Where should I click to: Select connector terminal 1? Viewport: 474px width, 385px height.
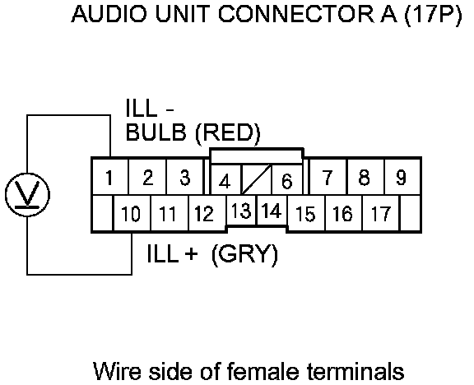pyautogui.click(x=110, y=177)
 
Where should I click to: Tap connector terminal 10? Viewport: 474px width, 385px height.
pyautogui.click(x=132, y=213)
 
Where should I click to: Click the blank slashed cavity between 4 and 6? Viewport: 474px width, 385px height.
pyautogui.click(x=257, y=179)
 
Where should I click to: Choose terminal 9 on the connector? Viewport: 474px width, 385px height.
pyautogui.click(x=402, y=177)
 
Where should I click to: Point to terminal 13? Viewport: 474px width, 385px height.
pyautogui.click(x=241, y=211)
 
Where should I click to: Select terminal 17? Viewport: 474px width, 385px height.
pyautogui.click(x=380, y=213)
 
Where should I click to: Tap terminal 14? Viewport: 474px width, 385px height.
pyautogui.click(x=272, y=211)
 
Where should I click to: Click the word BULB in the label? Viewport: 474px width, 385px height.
pyautogui.click(x=156, y=132)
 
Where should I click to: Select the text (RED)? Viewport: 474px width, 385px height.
pyautogui.click(x=228, y=133)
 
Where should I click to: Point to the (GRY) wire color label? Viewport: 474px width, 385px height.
pyautogui.click(x=244, y=255)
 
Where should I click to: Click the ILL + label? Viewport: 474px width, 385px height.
pyautogui.click(x=172, y=253)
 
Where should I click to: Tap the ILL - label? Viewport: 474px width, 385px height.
pyautogui.click(x=150, y=109)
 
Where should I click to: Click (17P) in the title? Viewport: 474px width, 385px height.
pyautogui.click(x=433, y=15)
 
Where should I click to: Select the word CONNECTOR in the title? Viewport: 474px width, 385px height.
pyautogui.click(x=295, y=14)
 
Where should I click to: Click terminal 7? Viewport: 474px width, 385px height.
pyautogui.click(x=328, y=177)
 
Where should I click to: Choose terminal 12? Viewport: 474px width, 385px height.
pyautogui.click(x=207, y=213)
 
